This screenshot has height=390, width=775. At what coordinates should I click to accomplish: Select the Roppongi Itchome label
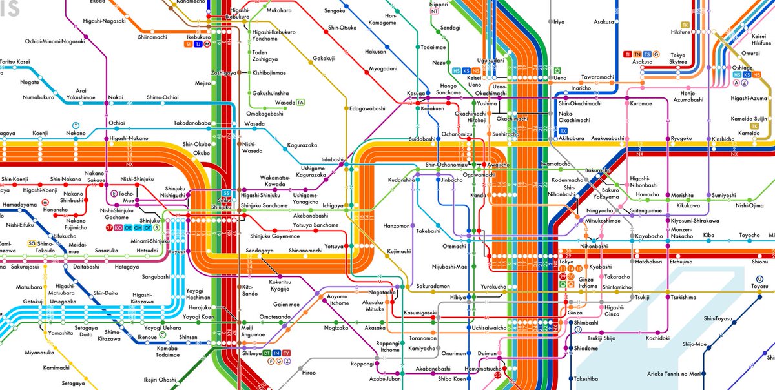(x=389, y=328)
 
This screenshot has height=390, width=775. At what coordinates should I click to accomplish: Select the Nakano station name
(x=76, y=133)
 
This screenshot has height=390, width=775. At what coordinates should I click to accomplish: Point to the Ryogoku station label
(x=681, y=138)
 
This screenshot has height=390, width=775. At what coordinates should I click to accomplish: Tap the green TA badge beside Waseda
(x=301, y=103)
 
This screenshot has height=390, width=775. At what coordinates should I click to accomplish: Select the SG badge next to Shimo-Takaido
(x=31, y=243)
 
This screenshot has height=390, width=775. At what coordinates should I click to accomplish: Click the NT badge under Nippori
(x=435, y=12)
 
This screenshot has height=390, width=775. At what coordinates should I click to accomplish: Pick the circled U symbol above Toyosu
(x=759, y=279)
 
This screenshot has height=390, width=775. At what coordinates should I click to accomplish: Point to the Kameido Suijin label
(x=752, y=119)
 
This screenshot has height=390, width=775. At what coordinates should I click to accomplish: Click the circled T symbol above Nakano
(x=76, y=125)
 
